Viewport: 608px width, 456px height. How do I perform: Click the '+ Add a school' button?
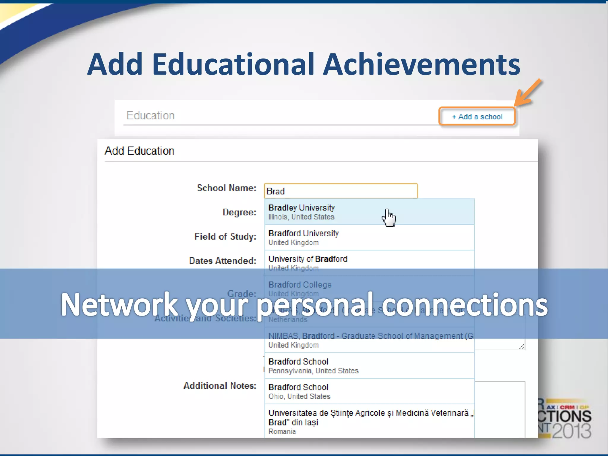coord(477,116)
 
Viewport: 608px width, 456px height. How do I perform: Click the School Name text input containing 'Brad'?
coord(341,191)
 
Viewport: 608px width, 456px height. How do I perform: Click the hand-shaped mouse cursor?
coord(389,218)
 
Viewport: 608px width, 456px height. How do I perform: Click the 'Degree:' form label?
coord(239,212)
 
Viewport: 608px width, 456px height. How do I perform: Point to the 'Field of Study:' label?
coord(225,237)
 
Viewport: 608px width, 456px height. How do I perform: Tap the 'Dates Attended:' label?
coord(222,261)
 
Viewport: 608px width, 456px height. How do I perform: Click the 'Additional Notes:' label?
coord(220,386)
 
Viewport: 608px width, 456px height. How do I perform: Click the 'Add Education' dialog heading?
coord(139,151)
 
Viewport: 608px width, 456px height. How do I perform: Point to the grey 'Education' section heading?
coord(150,115)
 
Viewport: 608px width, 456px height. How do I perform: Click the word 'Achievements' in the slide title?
coord(421,64)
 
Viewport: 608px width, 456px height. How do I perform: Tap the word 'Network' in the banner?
coord(119,305)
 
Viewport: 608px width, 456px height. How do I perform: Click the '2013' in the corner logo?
coord(571,430)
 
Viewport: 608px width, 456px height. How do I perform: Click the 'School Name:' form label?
coord(227,188)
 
